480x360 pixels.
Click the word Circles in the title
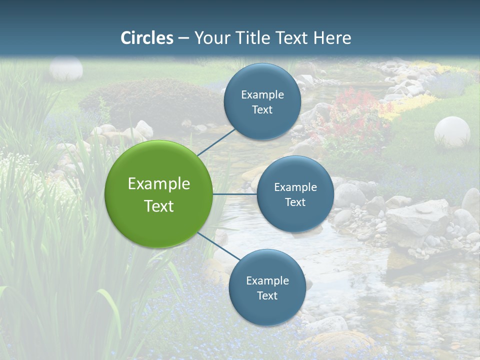point(147,38)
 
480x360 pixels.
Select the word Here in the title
point(332,38)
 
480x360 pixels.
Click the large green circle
point(158,194)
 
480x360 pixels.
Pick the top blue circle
point(262,101)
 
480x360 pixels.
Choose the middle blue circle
point(295,194)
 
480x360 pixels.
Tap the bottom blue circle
point(267,287)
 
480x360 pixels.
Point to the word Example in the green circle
point(158,184)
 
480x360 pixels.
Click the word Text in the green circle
point(158,206)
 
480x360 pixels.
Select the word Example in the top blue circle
point(262,95)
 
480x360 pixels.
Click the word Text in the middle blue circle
point(295,202)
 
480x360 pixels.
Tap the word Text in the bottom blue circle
point(267,295)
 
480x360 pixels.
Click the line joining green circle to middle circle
point(235,194)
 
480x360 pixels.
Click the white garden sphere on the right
point(452,131)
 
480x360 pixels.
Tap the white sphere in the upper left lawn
point(66,68)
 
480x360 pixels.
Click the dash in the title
point(183,38)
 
